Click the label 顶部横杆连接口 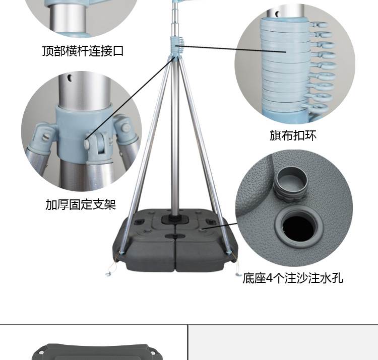(83, 51)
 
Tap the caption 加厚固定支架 (81, 205)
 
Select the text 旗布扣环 (293, 135)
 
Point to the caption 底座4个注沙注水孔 (293, 278)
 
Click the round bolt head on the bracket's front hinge (87, 143)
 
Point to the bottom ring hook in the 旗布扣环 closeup (319, 107)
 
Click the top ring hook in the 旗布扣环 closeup (319, 25)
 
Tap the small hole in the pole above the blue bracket (70, 78)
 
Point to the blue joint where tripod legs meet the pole (174, 57)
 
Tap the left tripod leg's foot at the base (121, 252)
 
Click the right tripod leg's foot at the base (228, 252)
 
